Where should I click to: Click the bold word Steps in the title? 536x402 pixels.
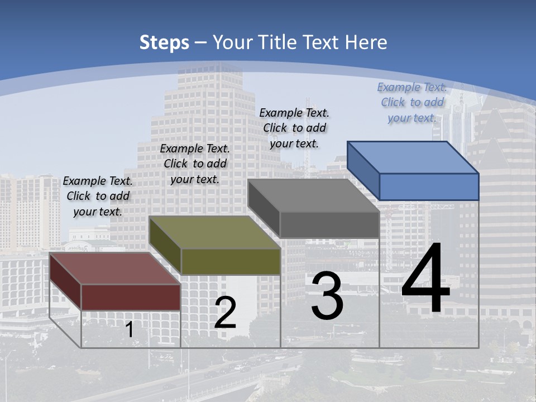164,42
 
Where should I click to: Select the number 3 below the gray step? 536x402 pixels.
327,296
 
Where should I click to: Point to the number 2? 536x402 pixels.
225,313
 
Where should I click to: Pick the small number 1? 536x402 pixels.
130,329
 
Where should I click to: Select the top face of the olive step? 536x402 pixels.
215,232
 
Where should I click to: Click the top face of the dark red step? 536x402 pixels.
115,269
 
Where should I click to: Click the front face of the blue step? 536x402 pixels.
429,186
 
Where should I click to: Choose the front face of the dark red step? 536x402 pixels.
131,297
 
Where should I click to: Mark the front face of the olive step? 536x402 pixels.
231,261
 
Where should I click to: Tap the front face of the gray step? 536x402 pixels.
329,224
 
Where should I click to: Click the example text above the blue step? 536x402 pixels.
412,103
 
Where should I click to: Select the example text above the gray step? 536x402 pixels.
294,128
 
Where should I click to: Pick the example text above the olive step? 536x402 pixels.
195,164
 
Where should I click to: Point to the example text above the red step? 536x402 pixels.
98,196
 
